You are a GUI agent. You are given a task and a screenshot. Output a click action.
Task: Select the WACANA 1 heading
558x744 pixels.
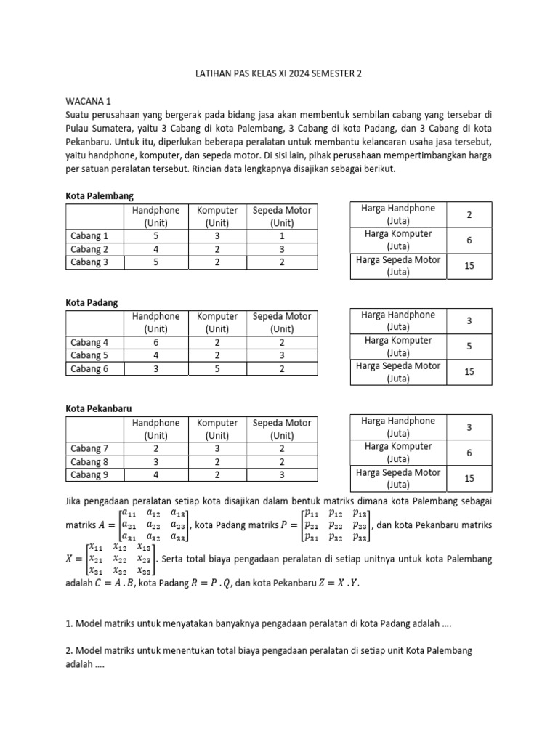(x=88, y=102)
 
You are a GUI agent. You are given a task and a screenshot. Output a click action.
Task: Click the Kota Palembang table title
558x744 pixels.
(x=100, y=196)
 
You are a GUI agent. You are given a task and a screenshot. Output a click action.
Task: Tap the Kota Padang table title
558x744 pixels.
(x=92, y=302)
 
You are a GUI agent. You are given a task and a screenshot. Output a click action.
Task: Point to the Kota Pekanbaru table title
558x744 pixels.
(x=100, y=409)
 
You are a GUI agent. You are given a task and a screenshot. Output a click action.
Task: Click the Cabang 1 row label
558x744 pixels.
(x=89, y=236)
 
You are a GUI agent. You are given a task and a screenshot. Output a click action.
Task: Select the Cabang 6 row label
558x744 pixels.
(x=89, y=368)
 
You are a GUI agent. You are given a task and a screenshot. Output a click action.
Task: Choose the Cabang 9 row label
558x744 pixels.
(x=89, y=474)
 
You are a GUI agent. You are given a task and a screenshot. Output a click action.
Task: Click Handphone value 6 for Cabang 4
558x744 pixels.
(x=155, y=342)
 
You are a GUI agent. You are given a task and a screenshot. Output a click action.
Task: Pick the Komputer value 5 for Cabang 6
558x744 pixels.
(x=217, y=368)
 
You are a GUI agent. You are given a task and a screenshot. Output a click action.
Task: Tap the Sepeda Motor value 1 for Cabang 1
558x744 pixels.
(x=282, y=236)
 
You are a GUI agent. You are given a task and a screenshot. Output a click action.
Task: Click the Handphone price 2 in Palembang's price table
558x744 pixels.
(x=469, y=215)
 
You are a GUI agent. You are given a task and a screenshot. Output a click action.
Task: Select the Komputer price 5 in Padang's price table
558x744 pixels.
(x=469, y=347)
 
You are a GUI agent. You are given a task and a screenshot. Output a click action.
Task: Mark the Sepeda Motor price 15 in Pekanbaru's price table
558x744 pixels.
(x=469, y=478)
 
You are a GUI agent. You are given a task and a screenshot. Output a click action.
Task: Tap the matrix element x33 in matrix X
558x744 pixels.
(x=145, y=571)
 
